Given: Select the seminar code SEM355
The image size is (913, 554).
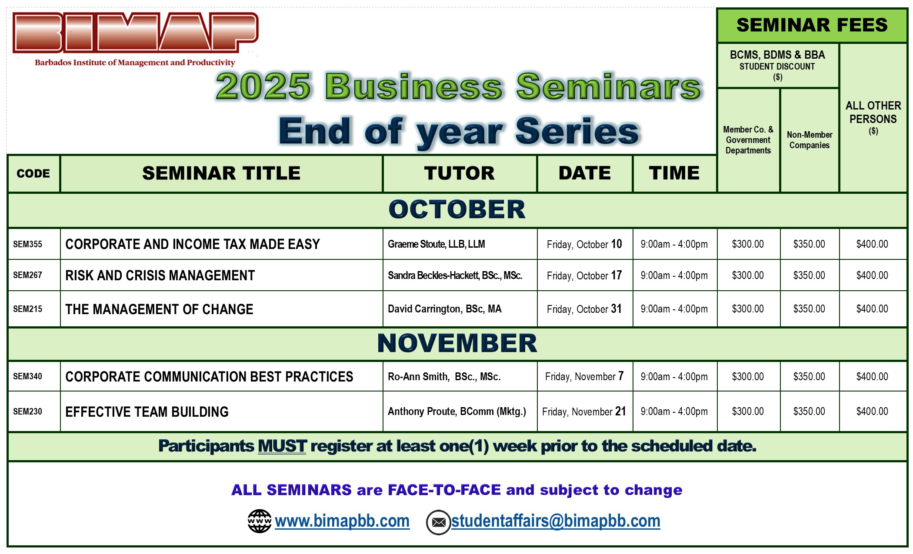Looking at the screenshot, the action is [x=27, y=244].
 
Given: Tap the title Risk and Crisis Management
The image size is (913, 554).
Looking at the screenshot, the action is [x=160, y=275].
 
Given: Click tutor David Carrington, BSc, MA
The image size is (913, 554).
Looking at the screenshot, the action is [x=444, y=309].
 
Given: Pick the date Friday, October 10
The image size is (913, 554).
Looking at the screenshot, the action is [x=584, y=244].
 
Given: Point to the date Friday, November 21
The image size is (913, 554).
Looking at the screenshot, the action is [x=584, y=411].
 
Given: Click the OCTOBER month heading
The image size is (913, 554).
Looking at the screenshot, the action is [x=457, y=209].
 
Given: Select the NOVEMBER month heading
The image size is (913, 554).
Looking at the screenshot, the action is [x=457, y=343].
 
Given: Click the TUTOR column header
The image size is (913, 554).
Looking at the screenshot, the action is [x=459, y=173].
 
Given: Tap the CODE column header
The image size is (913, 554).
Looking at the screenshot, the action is [x=33, y=173].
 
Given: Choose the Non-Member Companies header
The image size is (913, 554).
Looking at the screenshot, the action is [x=810, y=140].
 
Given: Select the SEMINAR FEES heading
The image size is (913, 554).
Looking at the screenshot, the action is [x=812, y=25].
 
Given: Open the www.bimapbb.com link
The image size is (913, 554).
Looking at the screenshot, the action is [x=342, y=521].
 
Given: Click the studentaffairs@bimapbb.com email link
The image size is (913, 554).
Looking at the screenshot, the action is [x=556, y=521].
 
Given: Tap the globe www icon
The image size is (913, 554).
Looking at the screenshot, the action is [x=260, y=521].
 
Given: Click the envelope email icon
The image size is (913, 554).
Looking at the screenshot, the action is [x=438, y=522].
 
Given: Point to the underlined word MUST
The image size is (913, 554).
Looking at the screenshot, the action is [x=282, y=446].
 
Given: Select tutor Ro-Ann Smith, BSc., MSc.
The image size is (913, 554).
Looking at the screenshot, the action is [x=444, y=377].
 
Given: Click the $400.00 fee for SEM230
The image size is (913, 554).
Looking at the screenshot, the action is [x=872, y=411].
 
